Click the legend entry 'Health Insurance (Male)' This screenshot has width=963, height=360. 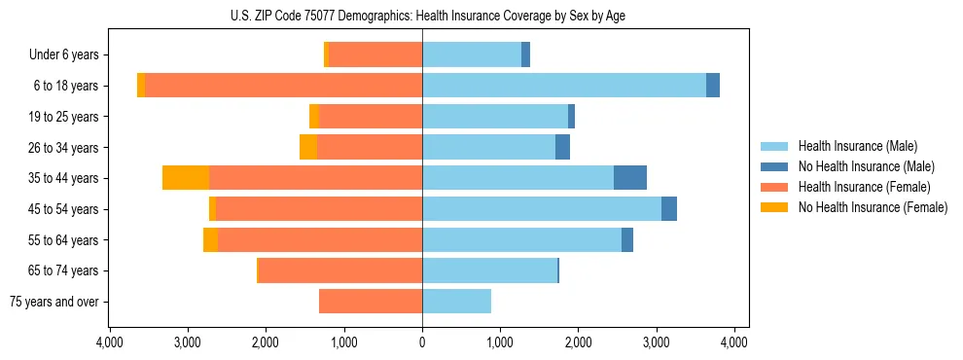pyautogui.click(x=857, y=146)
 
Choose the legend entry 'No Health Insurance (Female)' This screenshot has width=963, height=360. pyautogui.click(x=873, y=207)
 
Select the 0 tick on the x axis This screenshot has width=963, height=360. pyautogui.click(x=422, y=342)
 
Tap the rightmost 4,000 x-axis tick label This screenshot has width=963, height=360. pyautogui.click(x=733, y=342)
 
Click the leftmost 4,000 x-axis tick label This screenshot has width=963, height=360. pyautogui.click(x=110, y=342)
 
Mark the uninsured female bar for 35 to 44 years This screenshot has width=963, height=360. pyautogui.click(x=186, y=178)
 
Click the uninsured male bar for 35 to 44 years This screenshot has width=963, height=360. pyautogui.click(x=630, y=178)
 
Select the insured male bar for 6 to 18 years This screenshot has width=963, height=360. pyautogui.click(x=564, y=86)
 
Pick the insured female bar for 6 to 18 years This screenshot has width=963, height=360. pyautogui.click(x=283, y=86)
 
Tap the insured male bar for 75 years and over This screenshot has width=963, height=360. pyautogui.click(x=456, y=302)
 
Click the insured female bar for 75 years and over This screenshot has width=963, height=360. pyautogui.click(x=371, y=302)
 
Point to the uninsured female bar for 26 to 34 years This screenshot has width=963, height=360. pyautogui.click(x=308, y=147)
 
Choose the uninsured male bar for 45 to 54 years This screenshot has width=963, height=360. pyautogui.click(x=669, y=209)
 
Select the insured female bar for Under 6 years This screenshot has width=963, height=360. pyautogui.click(x=375, y=54)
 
